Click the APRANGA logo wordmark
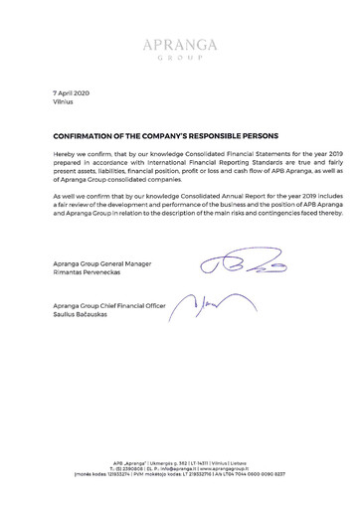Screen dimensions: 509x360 (179, 44)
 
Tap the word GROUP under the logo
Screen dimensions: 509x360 (179, 58)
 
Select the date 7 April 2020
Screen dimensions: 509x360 (72, 91)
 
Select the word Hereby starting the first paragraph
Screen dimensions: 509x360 (64, 156)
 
